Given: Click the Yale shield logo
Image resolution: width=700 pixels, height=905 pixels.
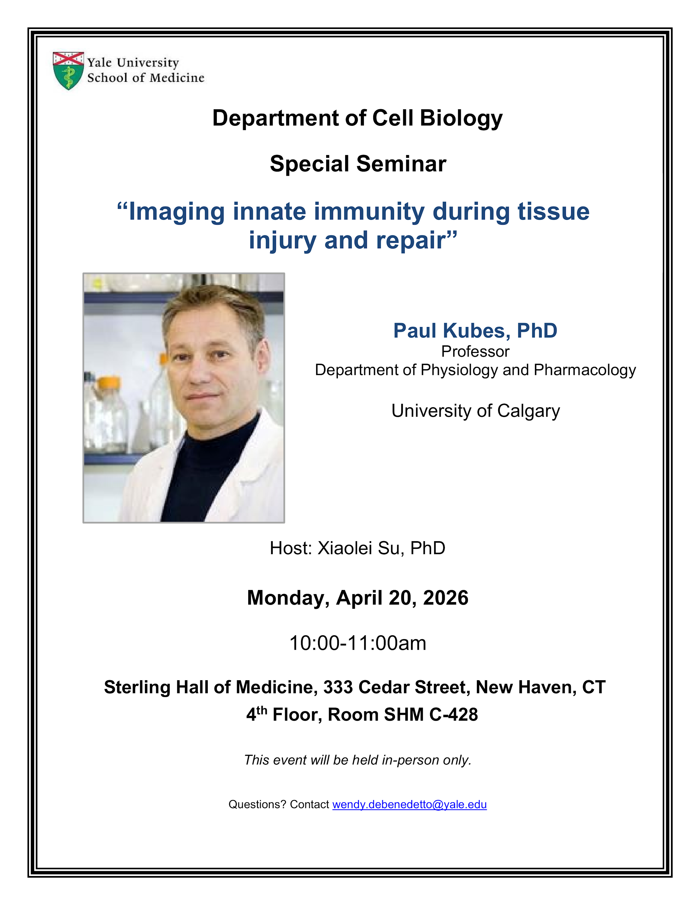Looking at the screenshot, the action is pos(69,71).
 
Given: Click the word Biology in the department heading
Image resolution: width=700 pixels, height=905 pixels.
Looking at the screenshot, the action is pos(461,119).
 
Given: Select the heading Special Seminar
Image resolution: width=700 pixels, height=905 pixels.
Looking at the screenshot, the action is pos(358,164).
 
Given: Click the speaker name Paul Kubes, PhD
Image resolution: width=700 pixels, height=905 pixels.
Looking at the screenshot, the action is pos(475,331).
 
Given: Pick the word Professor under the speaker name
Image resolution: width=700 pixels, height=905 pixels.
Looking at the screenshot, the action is pos(475,351).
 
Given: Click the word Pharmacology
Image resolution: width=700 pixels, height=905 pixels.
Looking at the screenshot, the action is pos(585,370).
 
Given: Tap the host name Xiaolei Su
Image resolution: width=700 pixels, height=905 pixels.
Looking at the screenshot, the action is pos(359,548).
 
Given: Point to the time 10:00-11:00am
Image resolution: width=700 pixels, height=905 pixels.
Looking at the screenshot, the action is pos(358,643).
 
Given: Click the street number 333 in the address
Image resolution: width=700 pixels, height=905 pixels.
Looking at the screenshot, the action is pos(338,687).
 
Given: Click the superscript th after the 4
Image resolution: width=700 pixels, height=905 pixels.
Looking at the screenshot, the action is pos(262,710).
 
